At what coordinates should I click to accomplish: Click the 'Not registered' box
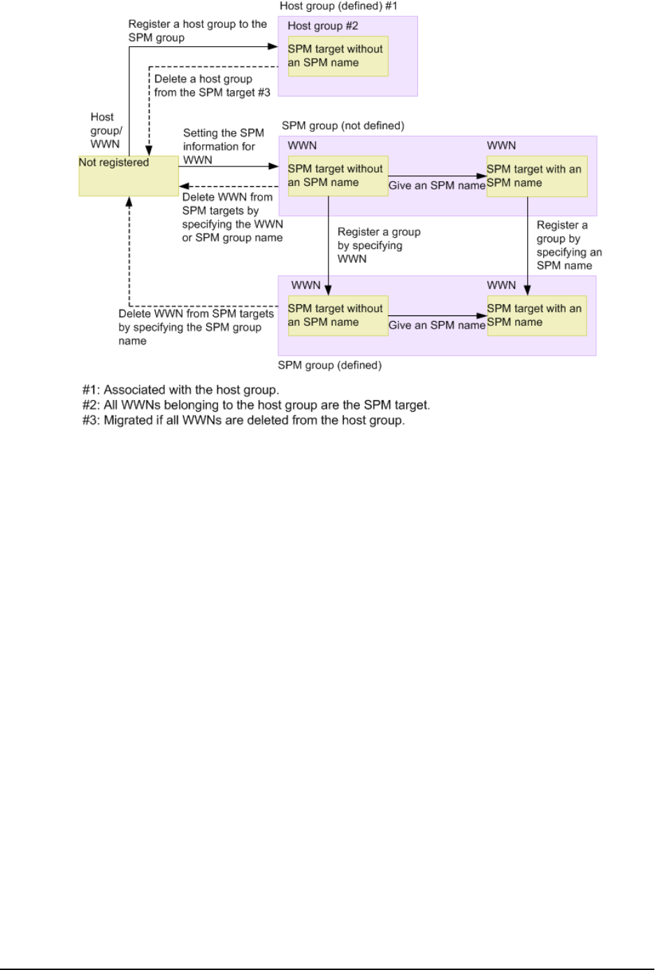click(x=129, y=176)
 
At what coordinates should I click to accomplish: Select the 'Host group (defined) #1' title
click(x=338, y=6)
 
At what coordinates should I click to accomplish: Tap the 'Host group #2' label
click(x=322, y=26)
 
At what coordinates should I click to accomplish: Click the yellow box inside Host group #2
click(x=338, y=56)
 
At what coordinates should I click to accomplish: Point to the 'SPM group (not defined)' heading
click(x=343, y=126)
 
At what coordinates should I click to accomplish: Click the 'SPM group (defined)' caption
click(x=329, y=365)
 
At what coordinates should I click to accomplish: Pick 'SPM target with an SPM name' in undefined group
click(x=536, y=176)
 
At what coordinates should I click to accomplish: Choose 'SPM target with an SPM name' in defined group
click(x=536, y=315)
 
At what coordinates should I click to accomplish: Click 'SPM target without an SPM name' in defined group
click(x=338, y=315)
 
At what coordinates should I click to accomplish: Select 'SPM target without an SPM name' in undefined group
click(x=338, y=176)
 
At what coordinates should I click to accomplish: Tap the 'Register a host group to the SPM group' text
click(x=197, y=31)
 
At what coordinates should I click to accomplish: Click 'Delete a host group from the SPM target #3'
click(x=212, y=86)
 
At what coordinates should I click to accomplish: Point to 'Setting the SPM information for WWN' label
click(x=223, y=146)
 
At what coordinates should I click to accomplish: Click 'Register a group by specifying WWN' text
click(x=378, y=245)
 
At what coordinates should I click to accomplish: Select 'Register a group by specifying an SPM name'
click(x=568, y=245)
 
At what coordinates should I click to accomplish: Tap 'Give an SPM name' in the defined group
click(x=436, y=325)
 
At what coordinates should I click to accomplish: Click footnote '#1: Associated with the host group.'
click(x=180, y=390)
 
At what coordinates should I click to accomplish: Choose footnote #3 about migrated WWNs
click(x=243, y=420)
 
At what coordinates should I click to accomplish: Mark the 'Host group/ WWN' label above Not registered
click(x=106, y=131)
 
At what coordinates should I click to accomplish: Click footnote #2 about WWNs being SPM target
click(x=256, y=406)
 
